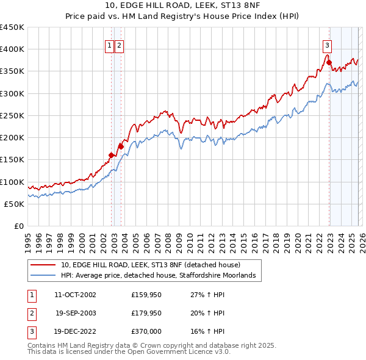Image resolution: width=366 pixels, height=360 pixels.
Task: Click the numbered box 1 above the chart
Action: point(109,45)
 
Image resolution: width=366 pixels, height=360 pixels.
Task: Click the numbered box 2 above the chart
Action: point(119,45)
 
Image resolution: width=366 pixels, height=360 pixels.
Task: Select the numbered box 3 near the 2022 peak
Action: point(328,45)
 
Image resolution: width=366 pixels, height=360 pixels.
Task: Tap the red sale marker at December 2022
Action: point(329,62)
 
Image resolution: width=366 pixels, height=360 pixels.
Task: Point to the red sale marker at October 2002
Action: point(111,155)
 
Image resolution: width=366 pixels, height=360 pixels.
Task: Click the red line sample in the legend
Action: point(44,265)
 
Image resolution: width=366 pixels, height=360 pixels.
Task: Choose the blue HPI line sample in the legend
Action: point(44,276)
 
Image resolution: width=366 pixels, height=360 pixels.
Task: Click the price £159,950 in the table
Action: point(146,295)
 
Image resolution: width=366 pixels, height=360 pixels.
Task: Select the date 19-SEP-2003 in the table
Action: point(75,313)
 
